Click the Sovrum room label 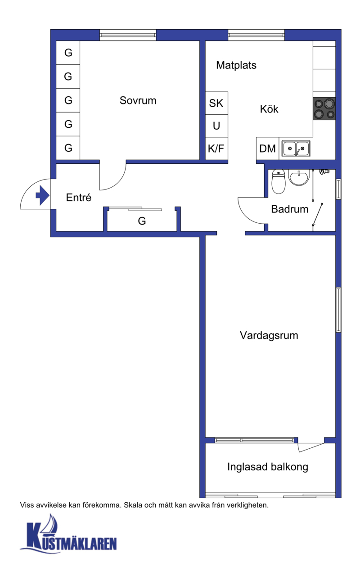138,100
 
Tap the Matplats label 236,65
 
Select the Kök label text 269,109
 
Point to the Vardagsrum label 269,335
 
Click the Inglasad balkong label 268,467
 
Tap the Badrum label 290,209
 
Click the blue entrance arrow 42,195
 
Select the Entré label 78,198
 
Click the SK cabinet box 216,103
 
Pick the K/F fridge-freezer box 216,149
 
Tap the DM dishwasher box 267,149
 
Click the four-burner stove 324,109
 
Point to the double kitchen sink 296,149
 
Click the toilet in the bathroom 279,182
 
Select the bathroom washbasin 299,177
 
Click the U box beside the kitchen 216,126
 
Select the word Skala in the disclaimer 133,505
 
